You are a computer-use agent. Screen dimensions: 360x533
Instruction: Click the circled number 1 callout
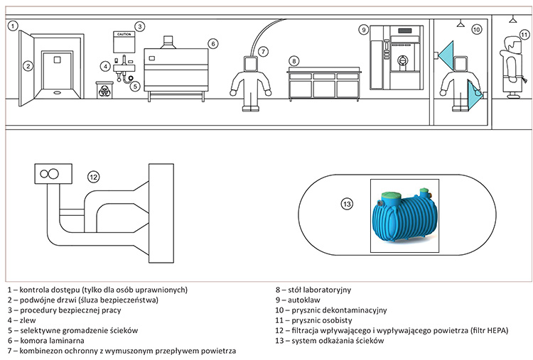click(13, 26)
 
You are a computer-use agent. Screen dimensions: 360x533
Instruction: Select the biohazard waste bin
click(102, 89)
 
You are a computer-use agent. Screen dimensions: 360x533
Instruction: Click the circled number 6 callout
click(212, 43)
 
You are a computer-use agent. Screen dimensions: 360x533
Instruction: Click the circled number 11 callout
click(523, 33)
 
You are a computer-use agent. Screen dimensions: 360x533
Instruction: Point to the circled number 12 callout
click(93, 176)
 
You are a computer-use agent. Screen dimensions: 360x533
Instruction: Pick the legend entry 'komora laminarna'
click(51, 341)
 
